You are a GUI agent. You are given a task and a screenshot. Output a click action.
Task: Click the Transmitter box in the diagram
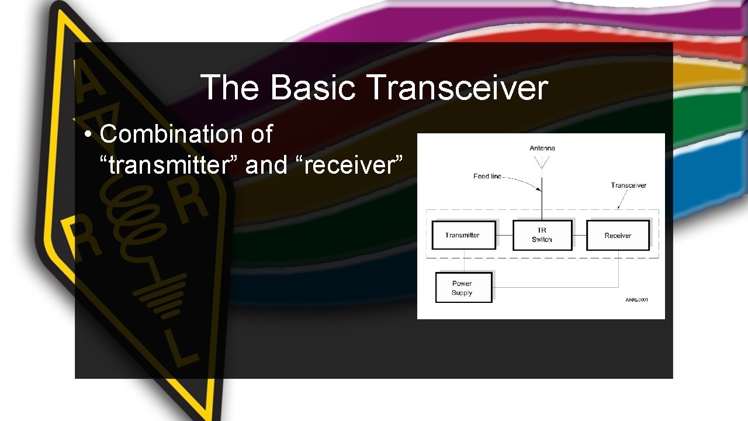pyautogui.click(x=463, y=235)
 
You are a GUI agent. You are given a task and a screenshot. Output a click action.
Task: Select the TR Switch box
pyautogui.click(x=542, y=235)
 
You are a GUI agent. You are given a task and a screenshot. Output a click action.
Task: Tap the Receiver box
pyautogui.click(x=618, y=236)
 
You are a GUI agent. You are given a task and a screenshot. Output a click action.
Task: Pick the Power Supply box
pyautogui.click(x=462, y=288)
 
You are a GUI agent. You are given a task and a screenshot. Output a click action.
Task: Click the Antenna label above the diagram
pyautogui.click(x=542, y=149)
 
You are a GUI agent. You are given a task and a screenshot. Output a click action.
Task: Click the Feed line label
pyautogui.click(x=487, y=176)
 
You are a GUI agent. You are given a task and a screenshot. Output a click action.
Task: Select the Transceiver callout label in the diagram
pyautogui.click(x=629, y=185)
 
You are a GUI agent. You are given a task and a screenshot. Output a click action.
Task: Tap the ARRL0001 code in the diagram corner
pyautogui.click(x=636, y=300)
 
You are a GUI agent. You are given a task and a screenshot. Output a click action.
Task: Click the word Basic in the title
pyautogui.click(x=313, y=88)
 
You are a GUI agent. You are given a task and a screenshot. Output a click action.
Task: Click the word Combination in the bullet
pyautogui.click(x=171, y=134)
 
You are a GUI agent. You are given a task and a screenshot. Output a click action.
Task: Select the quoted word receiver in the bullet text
pyautogui.click(x=351, y=165)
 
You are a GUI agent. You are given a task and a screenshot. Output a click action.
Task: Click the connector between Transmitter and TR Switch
pyautogui.click(x=504, y=235)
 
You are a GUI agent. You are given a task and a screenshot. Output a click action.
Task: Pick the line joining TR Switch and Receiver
pyautogui.click(x=579, y=235)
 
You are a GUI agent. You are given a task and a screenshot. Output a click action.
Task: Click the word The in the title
pyautogui.click(x=229, y=88)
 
